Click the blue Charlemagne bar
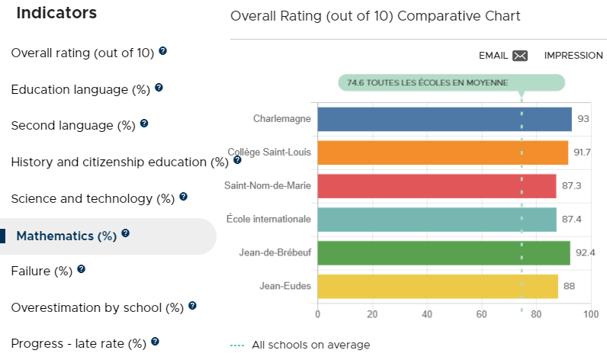click(x=445, y=119)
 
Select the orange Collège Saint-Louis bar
click(x=443, y=153)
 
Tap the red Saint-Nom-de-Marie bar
click(x=437, y=186)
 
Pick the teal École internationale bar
click(x=437, y=220)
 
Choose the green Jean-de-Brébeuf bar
click(x=444, y=253)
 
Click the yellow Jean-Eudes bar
click(x=438, y=287)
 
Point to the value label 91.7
click(x=582, y=152)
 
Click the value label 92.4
click(x=586, y=252)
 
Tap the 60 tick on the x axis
click(x=482, y=314)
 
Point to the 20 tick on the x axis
click(x=372, y=314)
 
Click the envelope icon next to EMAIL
click(x=520, y=56)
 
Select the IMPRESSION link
click(x=573, y=56)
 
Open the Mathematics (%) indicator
click(x=66, y=236)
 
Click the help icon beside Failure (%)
click(x=81, y=268)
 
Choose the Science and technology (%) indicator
click(x=92, y=199)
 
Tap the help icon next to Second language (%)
click(x=144, y=123)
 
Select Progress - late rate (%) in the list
click(x=79, y=344)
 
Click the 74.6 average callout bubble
click(x=451, y=83)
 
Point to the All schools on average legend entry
click(x=300, y=345)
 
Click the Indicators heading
click(x=56, y=13)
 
